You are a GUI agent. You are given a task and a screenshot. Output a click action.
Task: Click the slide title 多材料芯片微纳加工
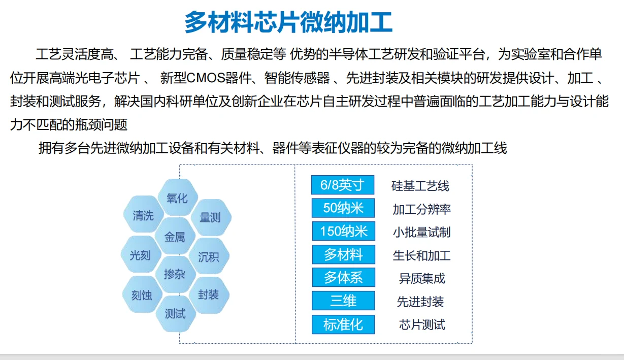[x=288, y=22]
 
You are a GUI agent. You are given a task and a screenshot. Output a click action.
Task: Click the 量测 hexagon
[x=210, y=217]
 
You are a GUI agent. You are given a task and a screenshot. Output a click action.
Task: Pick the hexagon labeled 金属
[x=175, y=237]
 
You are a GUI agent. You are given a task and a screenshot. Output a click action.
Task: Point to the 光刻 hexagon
[x=141, y=255]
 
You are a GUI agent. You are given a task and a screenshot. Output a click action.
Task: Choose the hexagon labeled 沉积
[x=209, y=256]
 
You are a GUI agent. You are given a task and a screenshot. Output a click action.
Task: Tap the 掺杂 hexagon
[x=175, y=274]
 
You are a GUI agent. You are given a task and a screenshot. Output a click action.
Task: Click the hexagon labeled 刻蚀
[x=142, y=294]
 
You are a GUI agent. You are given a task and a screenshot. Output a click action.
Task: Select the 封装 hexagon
[x=209, y=294]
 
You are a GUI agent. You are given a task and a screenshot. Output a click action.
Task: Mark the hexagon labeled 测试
[x=175, y=313]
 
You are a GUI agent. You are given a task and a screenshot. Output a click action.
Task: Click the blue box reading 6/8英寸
[x=343, y=185]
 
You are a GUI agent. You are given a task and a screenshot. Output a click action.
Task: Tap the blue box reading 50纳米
[x=343, y=208]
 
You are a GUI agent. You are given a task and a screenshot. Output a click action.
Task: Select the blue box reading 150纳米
[x=343, y=231]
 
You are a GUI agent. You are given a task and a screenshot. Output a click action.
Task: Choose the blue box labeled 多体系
[x=343, y=277]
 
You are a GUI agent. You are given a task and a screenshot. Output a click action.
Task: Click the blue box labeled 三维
[x=343, y=301]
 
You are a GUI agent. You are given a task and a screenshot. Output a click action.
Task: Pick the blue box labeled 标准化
[x=343, y=324]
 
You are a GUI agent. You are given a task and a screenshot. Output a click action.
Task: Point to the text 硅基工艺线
[x=420, y=186]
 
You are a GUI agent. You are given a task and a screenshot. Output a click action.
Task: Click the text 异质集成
[x=422, y=278]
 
